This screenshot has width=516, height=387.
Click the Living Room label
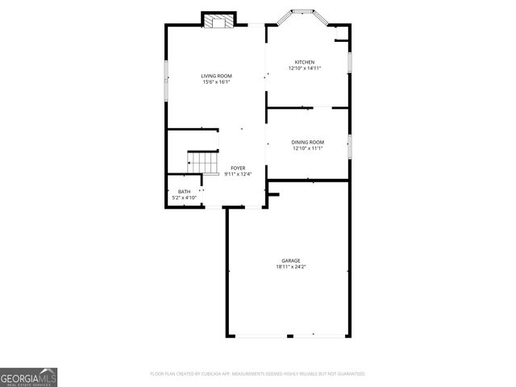pos(216,76)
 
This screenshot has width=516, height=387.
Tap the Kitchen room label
pos(305,62)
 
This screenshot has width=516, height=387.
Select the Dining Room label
pos(307,143)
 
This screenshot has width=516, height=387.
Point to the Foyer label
pos(238,168)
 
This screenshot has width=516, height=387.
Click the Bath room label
pos(185,191)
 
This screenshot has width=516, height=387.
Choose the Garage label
pos(291,260)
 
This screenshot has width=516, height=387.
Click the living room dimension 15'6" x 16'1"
pos(216,82)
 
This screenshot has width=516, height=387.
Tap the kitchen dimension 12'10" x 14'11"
pos(305,69)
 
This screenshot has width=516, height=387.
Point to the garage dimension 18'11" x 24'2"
pos(291,267)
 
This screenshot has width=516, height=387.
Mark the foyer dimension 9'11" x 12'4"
pos(238,174)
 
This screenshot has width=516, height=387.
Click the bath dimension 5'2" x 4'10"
pos(185,198)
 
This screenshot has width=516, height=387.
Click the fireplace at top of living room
pos(217,21)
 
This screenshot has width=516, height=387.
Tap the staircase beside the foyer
pos(204,163)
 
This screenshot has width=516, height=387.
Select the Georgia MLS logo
pos(28,377)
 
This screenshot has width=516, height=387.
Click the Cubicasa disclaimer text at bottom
pos(258,374)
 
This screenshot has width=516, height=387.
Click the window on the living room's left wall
pos(167,77)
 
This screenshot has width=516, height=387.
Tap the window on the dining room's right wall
pos(349,146)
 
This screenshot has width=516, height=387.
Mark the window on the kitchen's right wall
pos(349,62)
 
